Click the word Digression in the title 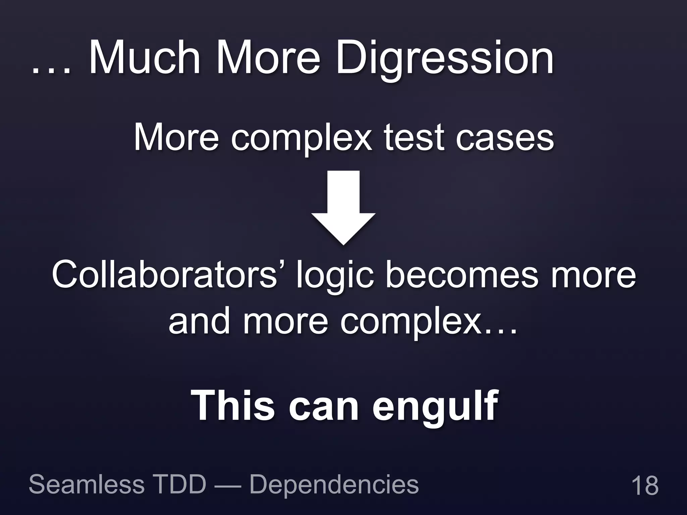[x=444, y=60]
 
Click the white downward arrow [x=343, y=206]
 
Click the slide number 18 [x=645, y=485]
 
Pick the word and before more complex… [x=199, y=322]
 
